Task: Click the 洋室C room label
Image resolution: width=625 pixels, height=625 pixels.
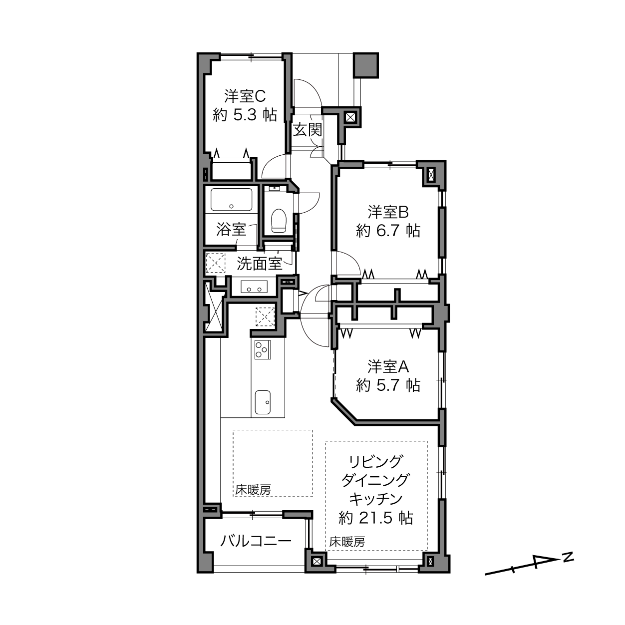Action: coord(245,96)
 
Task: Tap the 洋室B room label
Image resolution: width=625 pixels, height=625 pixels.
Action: coord(388,212)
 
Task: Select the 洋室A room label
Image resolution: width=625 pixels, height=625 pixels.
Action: coord(388,366)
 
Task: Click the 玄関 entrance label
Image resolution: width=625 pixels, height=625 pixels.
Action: coord(307,130)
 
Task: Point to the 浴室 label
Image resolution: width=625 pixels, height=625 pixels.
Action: coord(231,230)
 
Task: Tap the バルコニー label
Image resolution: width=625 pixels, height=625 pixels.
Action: coord(256,541)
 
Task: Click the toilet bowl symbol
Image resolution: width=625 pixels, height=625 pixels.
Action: coord(278,221)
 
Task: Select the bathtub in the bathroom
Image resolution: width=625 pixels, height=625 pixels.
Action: coord(231,200)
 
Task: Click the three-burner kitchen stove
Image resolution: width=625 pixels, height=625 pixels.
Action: coord(263,349)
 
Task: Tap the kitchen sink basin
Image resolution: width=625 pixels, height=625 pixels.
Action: coord(263,402)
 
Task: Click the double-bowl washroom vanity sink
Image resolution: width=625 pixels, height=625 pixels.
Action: coord(254,287)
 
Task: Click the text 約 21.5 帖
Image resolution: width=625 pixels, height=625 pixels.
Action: coord(376,518)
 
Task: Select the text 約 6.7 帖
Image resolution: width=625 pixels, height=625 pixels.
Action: coord(388,231)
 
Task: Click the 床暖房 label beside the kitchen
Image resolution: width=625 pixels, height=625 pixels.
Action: coord(253,489)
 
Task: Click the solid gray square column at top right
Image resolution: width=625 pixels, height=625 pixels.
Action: coord(366,65)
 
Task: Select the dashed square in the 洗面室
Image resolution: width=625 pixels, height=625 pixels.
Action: coord(216,263)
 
